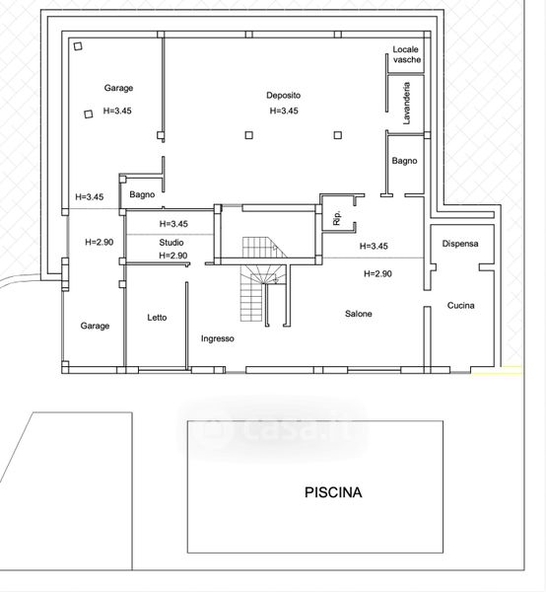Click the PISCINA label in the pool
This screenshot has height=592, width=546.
333,492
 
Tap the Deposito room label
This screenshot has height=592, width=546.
284,95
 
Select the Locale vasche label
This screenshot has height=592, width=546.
406,54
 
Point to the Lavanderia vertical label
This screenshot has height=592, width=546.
406,104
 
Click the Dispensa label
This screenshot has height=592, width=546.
460,244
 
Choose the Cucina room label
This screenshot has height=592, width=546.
461,305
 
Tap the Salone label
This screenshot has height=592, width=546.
359,314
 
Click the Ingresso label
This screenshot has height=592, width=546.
218,338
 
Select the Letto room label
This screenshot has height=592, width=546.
157,318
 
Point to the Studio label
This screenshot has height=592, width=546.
171,243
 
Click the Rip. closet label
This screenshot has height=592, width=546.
337,218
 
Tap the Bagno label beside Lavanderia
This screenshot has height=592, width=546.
405,161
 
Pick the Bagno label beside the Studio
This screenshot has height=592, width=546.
142,194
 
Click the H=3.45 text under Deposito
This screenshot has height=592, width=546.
284,111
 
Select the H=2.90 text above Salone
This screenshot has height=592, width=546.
377,273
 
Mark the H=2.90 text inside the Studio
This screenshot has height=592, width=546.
173,256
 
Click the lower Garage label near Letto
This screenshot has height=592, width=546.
95,326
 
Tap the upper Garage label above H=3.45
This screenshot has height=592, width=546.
118,88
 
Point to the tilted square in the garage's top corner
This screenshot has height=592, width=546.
78,46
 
